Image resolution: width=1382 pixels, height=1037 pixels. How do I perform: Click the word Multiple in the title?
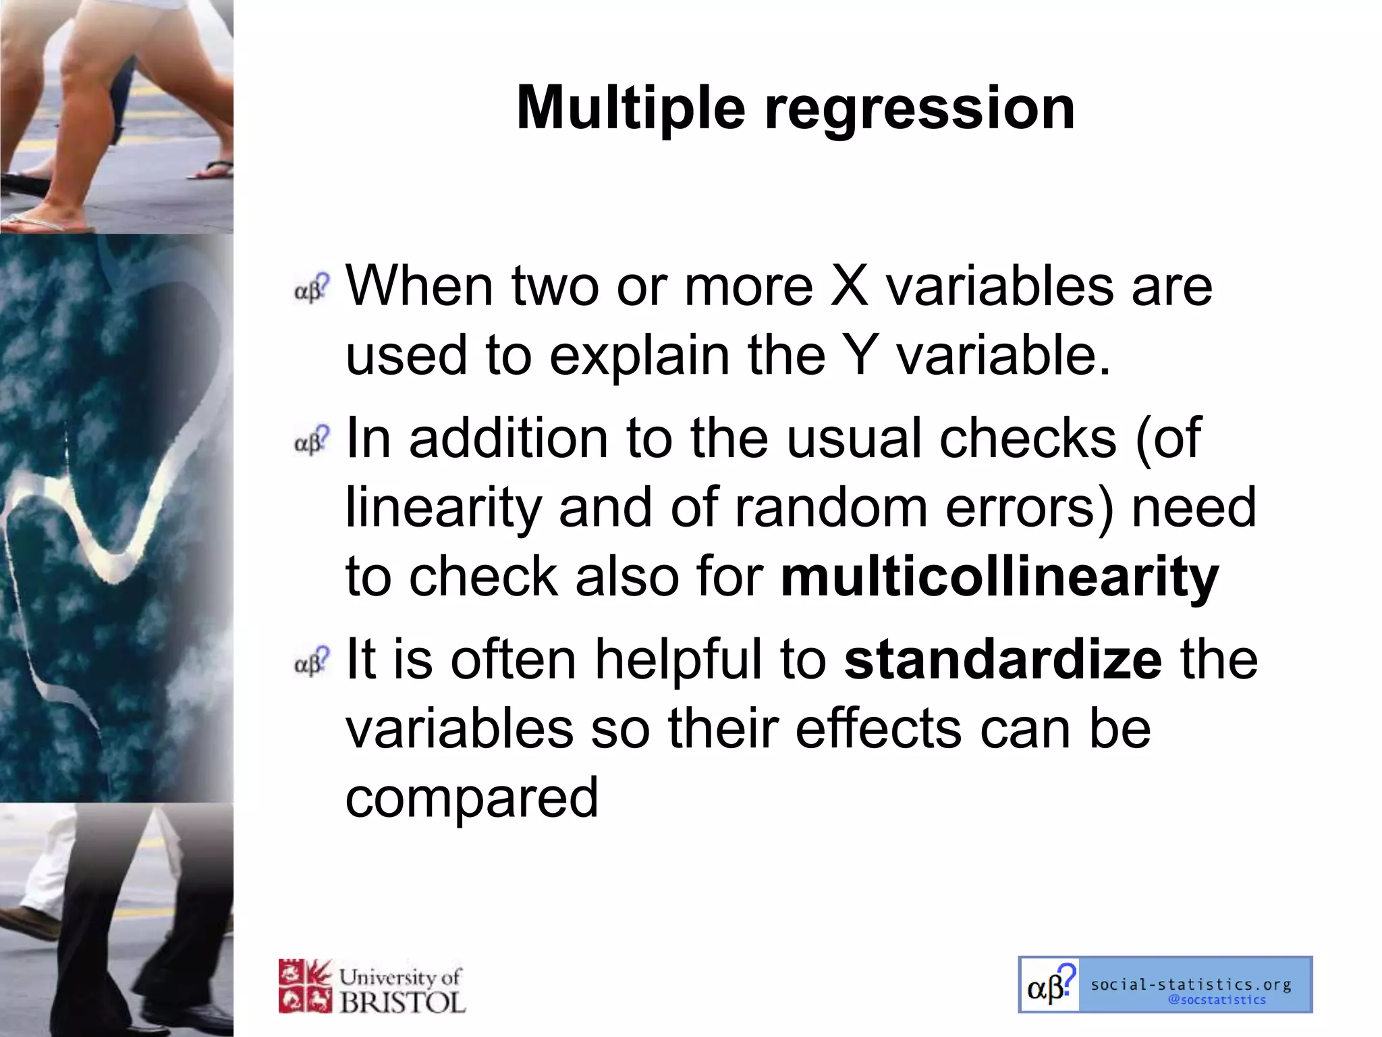(631, 109)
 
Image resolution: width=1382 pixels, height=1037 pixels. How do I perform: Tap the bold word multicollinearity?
(999, 578)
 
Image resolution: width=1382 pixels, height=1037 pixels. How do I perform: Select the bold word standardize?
(1003, 660)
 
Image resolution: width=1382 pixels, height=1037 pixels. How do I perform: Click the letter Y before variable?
(860, 356)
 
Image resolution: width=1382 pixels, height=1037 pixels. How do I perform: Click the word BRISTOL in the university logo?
(402, 1003)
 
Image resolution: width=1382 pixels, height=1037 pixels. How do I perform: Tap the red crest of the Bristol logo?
(305, 986)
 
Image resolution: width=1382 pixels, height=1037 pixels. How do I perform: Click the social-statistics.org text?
(1191, 984)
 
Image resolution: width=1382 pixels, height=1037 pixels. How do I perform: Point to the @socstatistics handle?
(1217, 1000)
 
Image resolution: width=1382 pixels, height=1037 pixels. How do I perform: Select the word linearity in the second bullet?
(443, 508)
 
